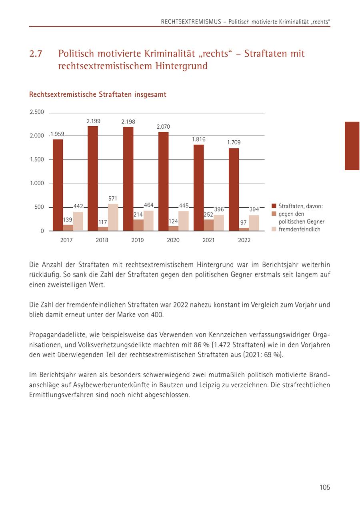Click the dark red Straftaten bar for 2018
point(93,178)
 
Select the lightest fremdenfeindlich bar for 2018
point(113,217)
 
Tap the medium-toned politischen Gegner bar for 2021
point(208,225)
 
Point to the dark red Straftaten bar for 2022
point(234,189)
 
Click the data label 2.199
point(94,121)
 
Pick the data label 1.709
point(234,142)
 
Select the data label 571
point(113,198)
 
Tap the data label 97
point(244,222)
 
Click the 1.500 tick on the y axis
point(37,159)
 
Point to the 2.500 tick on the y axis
point(37,112)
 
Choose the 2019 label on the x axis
point(138,240)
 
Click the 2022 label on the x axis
point(244,240)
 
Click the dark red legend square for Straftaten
point(274,206)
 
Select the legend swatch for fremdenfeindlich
point(274,229)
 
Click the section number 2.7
point(36,54)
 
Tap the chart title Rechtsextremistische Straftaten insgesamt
point(98,95)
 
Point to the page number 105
point(325,487)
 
